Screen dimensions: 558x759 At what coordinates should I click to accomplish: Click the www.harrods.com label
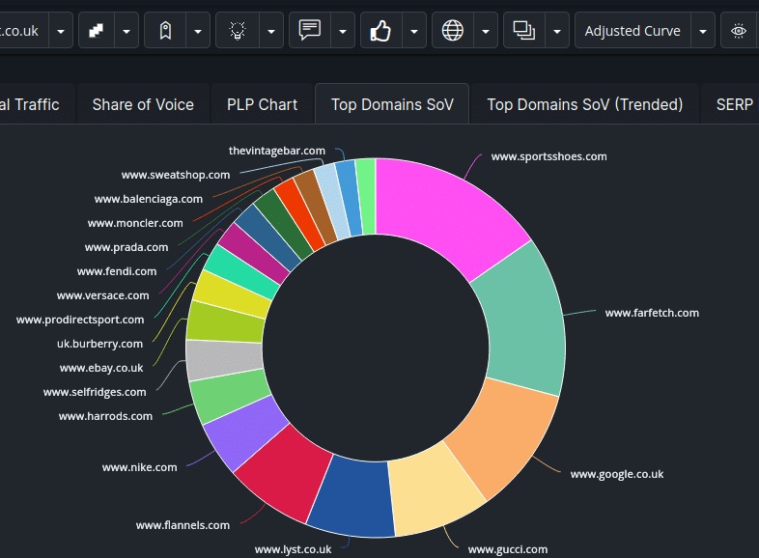pos(105,416)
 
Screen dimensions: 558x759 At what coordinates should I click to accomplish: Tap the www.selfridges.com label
pos(95,392)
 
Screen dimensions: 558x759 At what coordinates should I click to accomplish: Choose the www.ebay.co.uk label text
pos(101,368)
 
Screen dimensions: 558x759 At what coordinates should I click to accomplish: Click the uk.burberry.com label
pos(99,344)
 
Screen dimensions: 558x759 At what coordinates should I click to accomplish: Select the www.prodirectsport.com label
pos(80,320)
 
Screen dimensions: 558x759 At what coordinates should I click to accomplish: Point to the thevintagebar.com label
pos(277,151)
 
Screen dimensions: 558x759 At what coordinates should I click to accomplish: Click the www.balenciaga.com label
pos(149,199)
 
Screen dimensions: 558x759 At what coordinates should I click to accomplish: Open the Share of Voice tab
pos(143,104)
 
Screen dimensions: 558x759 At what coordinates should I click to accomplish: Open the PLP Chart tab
pos(262,104)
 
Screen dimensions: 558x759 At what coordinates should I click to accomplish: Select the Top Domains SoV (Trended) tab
pos(584,104)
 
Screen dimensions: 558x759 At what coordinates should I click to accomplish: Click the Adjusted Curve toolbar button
pos(632,31)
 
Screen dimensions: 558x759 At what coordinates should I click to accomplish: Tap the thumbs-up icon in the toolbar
pos(380,31)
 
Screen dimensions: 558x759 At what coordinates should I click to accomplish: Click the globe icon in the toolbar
pos(452,31)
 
